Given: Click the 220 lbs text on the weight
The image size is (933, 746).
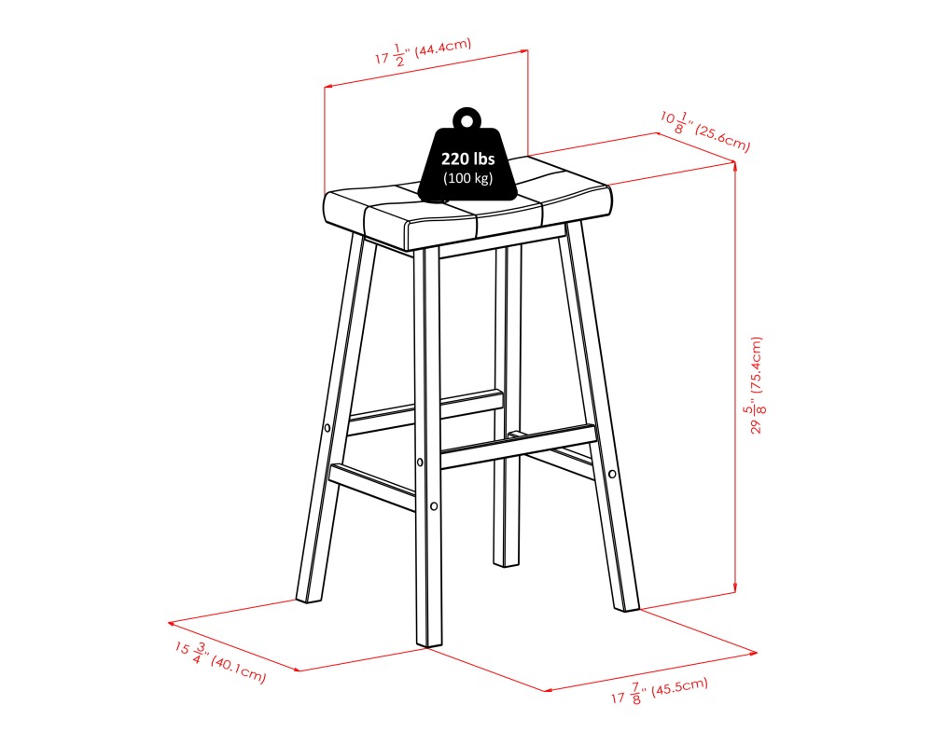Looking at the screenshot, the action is click(x=467, y=159).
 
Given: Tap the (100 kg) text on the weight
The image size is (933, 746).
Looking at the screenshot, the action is click(x=467, y=178).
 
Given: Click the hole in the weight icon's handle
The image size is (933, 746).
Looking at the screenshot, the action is click(x=467, y=121).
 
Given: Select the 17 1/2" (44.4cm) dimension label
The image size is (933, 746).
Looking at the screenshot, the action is click(x=423, y=51).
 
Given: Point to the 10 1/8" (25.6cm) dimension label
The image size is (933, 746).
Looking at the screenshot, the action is click(x=705, y=131).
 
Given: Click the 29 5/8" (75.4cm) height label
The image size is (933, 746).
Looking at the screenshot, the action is click(x=756, y=385).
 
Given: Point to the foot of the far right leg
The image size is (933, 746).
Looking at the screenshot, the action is click(x=627, y=605).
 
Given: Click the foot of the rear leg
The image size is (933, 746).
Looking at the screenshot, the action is click(x=506, y=560).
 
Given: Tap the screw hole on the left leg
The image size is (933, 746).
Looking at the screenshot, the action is click(x=327, y=428).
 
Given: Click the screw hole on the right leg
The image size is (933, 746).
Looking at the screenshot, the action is click(x=613, y=474).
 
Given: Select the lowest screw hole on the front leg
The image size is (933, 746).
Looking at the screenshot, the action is click(x=434, y=506).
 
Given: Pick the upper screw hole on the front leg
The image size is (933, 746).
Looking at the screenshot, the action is click(x=420, y=463).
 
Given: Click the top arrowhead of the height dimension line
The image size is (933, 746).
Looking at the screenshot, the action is click(x=736, y=166).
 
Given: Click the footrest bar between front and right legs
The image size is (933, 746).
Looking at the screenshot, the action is click(x=519, y=447).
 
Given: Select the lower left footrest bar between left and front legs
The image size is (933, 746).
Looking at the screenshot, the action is click(x=372, y=487).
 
